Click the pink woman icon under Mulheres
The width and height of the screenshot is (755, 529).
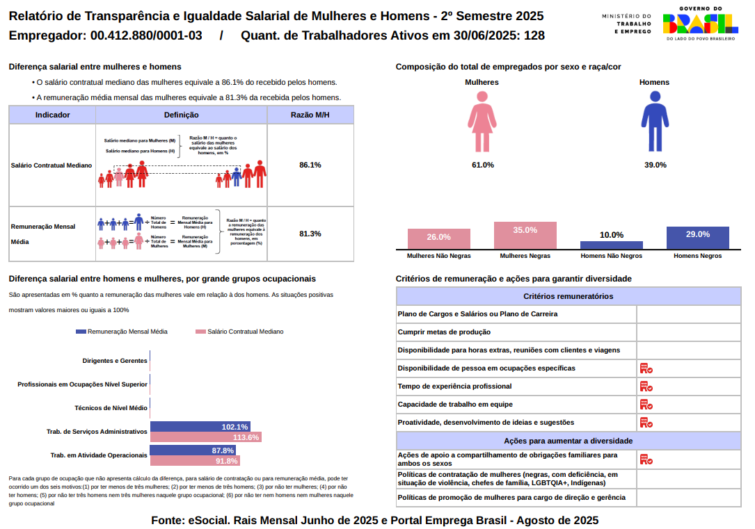[x=482, y=122]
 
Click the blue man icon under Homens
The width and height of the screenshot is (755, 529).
[x=654, y=122]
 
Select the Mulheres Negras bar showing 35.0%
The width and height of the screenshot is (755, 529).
[x=525, y=236]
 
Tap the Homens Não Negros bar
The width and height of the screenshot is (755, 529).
[x=612, y=245]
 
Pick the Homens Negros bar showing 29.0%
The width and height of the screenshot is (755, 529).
[x=697, y=238]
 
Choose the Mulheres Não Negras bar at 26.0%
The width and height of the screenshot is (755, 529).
[x=439, y=238]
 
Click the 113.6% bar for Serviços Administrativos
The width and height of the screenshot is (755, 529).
[x=205, y=437]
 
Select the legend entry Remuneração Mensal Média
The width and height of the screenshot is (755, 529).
[x=122, y=332]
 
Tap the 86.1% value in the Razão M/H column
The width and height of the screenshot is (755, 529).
[x=310, y=165]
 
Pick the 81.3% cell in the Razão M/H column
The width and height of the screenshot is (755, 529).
[x=310, y=234]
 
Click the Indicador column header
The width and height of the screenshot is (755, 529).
[x=52, y=115]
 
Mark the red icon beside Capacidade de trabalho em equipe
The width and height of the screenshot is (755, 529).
[x=646, y=405]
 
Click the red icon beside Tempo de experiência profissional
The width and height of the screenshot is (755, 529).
[x=646, y=386]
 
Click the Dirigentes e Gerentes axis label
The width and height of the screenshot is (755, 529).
[x=115, y=361]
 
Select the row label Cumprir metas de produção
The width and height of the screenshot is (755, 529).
[x=444, y=332]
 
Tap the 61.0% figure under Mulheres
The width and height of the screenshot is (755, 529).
[x=482, y=165]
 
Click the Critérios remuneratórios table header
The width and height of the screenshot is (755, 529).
[x=568, y=296]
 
